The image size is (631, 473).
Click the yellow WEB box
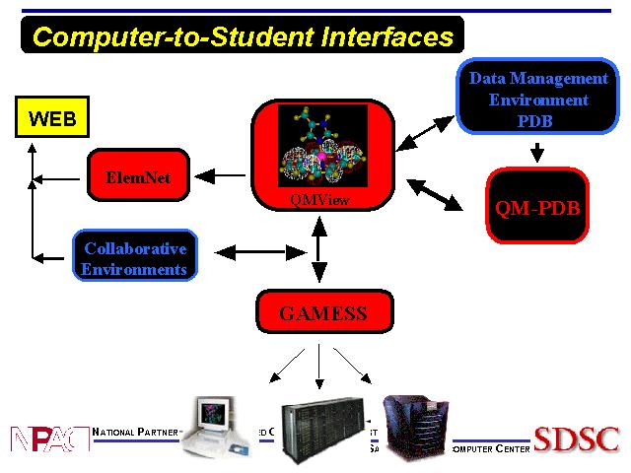click(x=51, y=118)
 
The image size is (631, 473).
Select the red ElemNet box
click(x=137, y=177)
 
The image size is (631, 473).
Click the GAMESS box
click(x=322, y=314)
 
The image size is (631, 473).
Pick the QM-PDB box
click(x=536, y=207)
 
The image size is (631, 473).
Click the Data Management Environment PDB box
click(x=537, y=99)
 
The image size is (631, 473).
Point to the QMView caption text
click(x=321, y=200)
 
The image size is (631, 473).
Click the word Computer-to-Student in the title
click(x=168, y=37)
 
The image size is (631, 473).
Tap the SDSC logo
click(x=576, y=438)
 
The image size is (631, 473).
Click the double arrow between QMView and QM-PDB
click(x=435, y=194)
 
